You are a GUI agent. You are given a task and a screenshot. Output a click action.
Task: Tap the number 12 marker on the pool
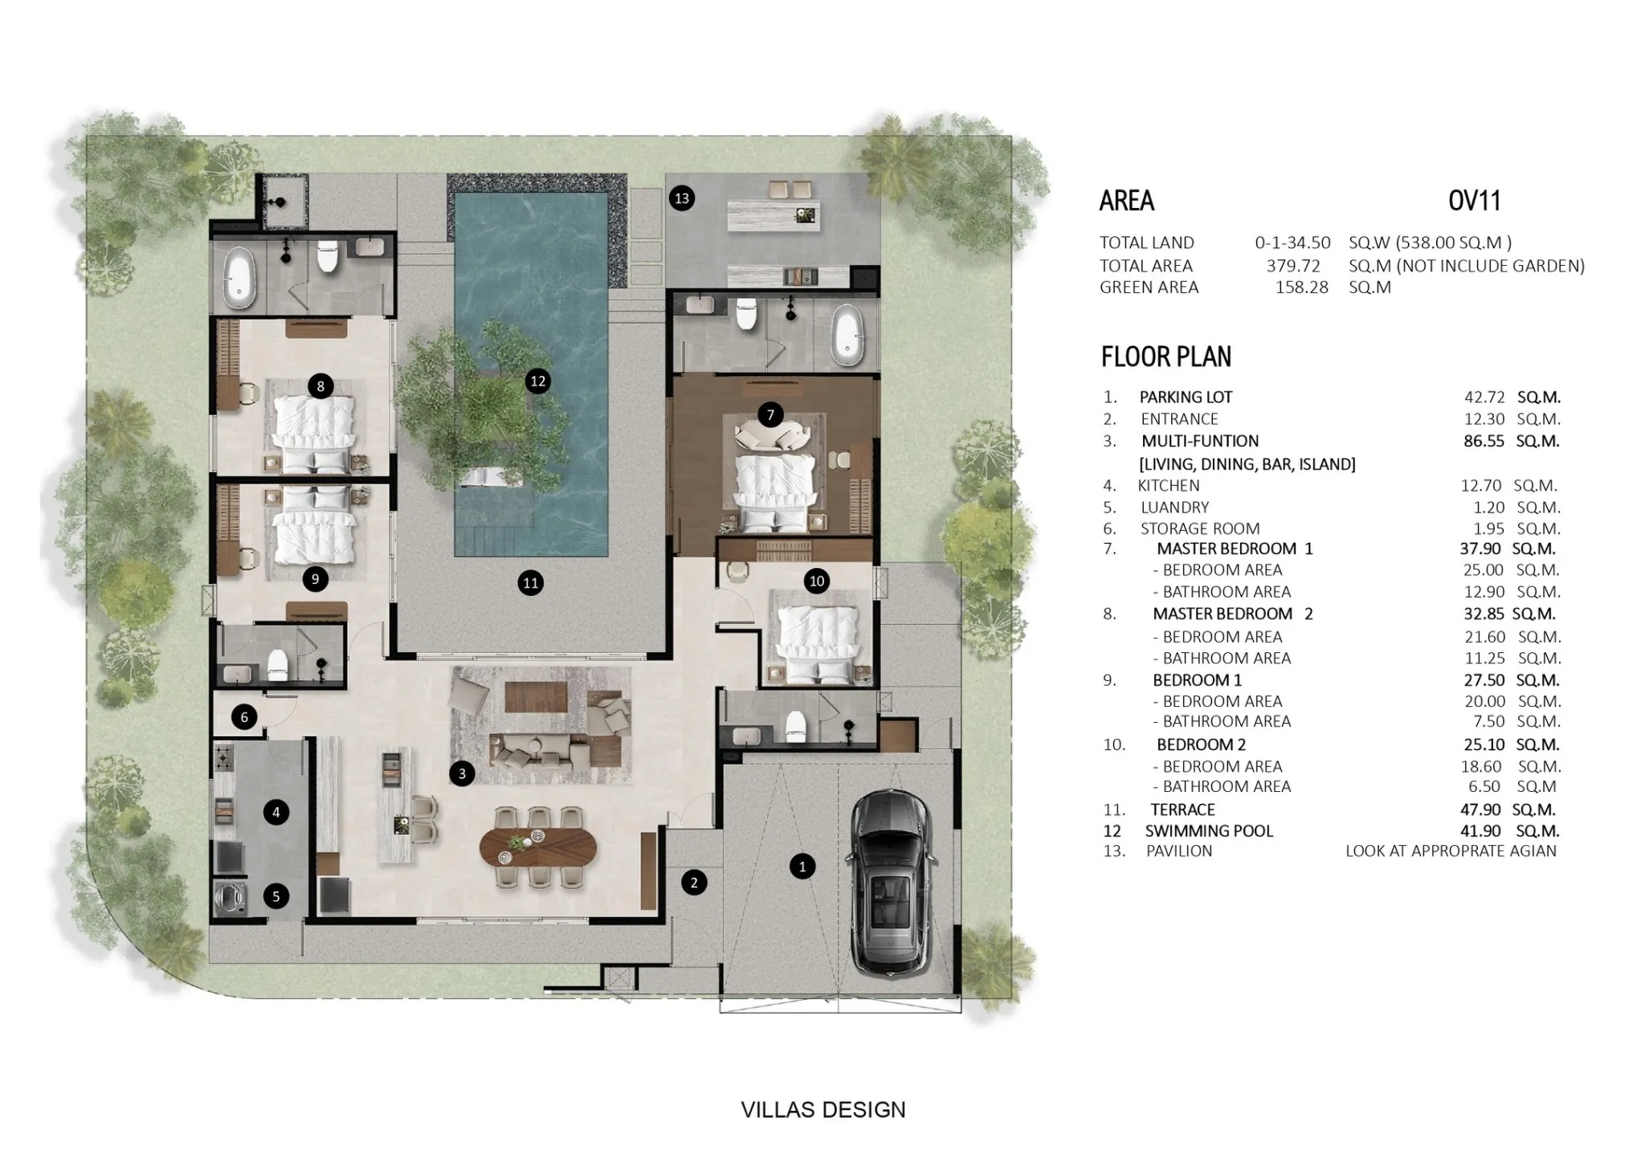(x=537, y=382)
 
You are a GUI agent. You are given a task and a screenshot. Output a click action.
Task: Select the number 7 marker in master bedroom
(x=770, y=415)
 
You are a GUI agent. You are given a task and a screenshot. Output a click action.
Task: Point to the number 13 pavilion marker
(x=682, y=198)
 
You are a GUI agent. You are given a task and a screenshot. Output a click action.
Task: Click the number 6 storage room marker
(x=244, y=717)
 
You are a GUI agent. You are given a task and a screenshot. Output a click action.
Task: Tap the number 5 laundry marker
(x=276, y=896)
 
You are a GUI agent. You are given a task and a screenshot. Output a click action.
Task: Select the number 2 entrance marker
(x=694, y=883)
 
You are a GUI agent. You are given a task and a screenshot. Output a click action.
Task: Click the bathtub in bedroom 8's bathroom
(x=237, y=277)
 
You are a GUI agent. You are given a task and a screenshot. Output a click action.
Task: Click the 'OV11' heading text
(x=1474, y=201)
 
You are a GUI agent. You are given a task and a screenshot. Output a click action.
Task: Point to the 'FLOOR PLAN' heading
(x=1165, y=357)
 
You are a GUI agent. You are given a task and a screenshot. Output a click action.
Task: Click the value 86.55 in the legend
(x=1484, y=441)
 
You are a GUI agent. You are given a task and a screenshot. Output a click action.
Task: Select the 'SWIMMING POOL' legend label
(x=1209, y=831)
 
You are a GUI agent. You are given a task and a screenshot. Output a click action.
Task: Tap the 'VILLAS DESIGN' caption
(x=823, y=1110)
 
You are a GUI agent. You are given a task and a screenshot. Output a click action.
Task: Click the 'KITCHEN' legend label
(x=1169, y=486)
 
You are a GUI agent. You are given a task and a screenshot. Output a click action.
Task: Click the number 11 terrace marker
(x=530, y=583)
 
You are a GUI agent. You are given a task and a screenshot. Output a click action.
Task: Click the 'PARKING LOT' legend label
(x=1186, y=398)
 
